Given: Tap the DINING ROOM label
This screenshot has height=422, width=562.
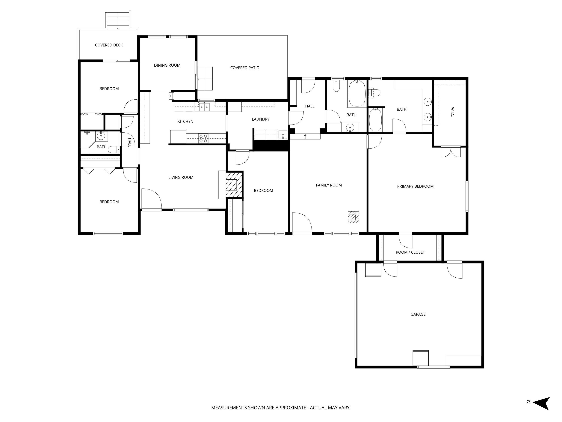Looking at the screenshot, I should (167, 65).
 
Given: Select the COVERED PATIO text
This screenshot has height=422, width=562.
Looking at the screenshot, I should (244, 68).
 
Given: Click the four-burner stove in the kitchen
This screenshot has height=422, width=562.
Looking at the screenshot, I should (203, 139).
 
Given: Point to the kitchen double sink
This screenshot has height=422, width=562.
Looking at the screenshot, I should (204, 107).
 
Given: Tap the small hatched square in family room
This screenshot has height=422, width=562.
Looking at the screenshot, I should (353, 217).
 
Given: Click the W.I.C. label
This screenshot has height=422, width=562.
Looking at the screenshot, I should (452, 112).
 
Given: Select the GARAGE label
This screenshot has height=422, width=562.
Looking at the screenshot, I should (418, 314).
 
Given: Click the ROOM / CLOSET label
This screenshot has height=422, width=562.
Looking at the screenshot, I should (410, 252).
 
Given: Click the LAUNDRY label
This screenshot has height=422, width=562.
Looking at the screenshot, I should (260, 119).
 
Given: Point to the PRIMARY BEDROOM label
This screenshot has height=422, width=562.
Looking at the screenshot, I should (415, 186).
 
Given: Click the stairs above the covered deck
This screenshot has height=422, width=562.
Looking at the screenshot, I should (118, 20).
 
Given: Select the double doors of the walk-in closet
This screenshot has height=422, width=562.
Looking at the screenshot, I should (451, 152).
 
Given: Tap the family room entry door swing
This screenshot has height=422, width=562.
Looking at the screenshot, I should (302, 223).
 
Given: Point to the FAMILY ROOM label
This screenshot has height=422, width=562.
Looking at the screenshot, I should (329, 185).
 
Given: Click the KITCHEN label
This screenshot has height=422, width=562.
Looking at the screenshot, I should (185, 122).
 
